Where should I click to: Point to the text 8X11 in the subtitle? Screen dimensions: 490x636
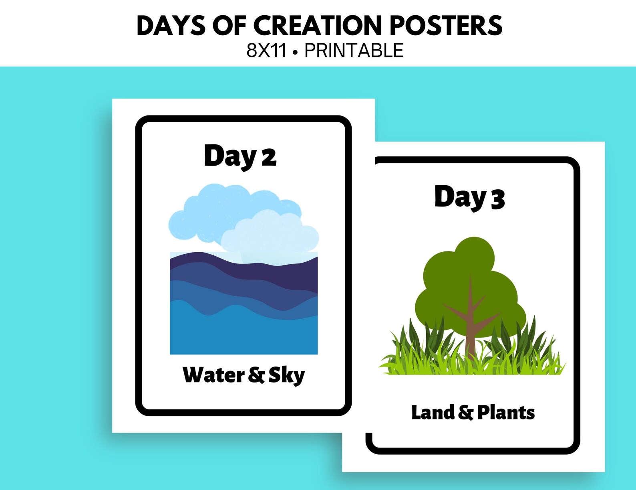[x=267, y=51]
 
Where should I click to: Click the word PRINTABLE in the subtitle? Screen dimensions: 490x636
[x=354, y=51]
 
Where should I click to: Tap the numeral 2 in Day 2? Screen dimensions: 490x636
[x=269, y=157]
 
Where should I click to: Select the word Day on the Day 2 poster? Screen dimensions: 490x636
[x=230, y=156]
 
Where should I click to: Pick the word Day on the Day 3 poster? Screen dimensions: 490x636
[x=460, y=197]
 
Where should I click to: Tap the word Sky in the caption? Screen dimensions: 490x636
[x=286, y=376]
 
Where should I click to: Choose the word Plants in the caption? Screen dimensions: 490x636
[x=506, y=413]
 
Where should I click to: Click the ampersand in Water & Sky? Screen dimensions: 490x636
[x=256, y=375]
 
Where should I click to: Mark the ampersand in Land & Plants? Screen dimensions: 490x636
[x=466, y=413]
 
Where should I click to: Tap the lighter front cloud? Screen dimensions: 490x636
[x=272, y=237]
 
